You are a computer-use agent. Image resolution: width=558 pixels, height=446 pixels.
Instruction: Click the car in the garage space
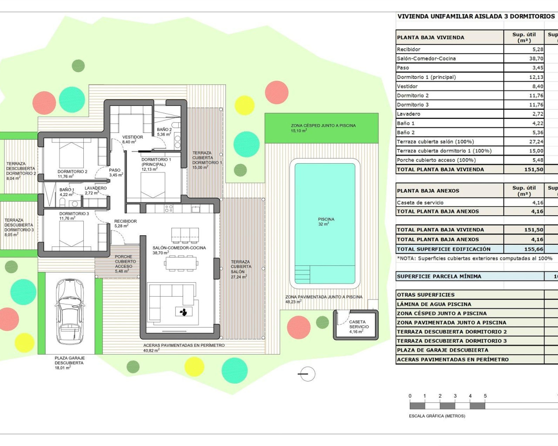(70, 311)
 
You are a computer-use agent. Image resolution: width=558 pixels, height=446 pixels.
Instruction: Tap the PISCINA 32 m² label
(326, 222)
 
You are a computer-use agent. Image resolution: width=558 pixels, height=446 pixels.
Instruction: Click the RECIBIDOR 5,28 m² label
(125, 223)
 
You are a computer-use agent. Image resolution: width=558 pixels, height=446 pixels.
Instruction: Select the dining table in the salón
(181, 263)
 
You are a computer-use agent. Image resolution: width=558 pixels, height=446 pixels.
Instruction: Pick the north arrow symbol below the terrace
(307, 374)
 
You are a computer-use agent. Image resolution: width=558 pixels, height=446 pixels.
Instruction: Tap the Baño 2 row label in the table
(406, 132)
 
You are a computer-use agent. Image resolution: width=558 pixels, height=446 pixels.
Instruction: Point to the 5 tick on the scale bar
(485, 396)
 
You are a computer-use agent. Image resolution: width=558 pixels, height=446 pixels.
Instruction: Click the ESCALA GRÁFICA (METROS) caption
(437, 416)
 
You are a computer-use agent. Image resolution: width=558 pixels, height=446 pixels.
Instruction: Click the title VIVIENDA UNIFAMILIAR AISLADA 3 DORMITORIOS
(476, 17)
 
